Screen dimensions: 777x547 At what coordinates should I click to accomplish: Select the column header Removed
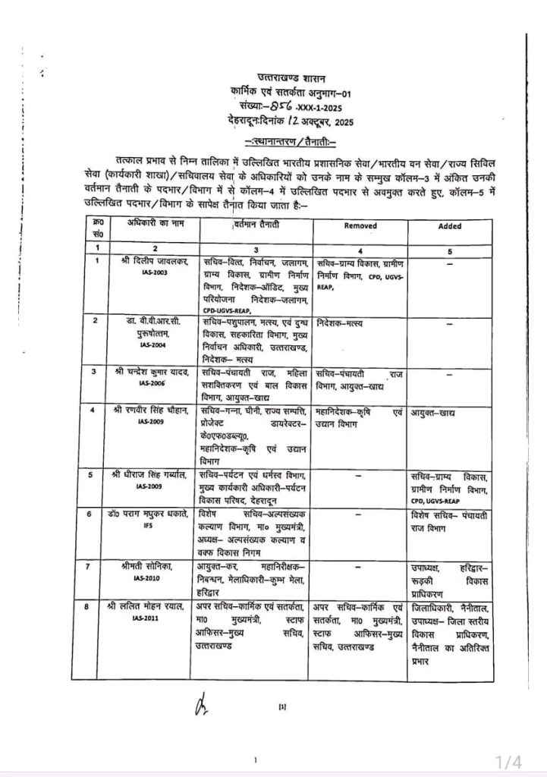360,226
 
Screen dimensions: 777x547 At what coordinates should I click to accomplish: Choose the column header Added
449,226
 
